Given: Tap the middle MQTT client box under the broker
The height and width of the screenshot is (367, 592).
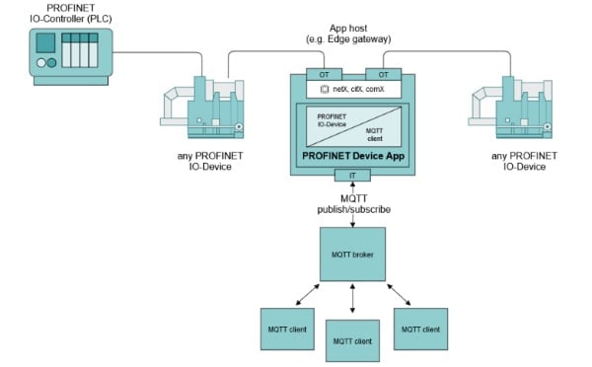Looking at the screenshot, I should click(352, 340).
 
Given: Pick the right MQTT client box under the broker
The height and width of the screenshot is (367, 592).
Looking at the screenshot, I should click(419, 328).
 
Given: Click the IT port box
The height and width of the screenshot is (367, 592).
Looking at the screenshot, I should click(352, 175).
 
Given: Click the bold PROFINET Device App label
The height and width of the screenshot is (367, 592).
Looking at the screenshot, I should click(351, 156).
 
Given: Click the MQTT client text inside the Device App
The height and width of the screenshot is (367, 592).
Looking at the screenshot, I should click(373, 133).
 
